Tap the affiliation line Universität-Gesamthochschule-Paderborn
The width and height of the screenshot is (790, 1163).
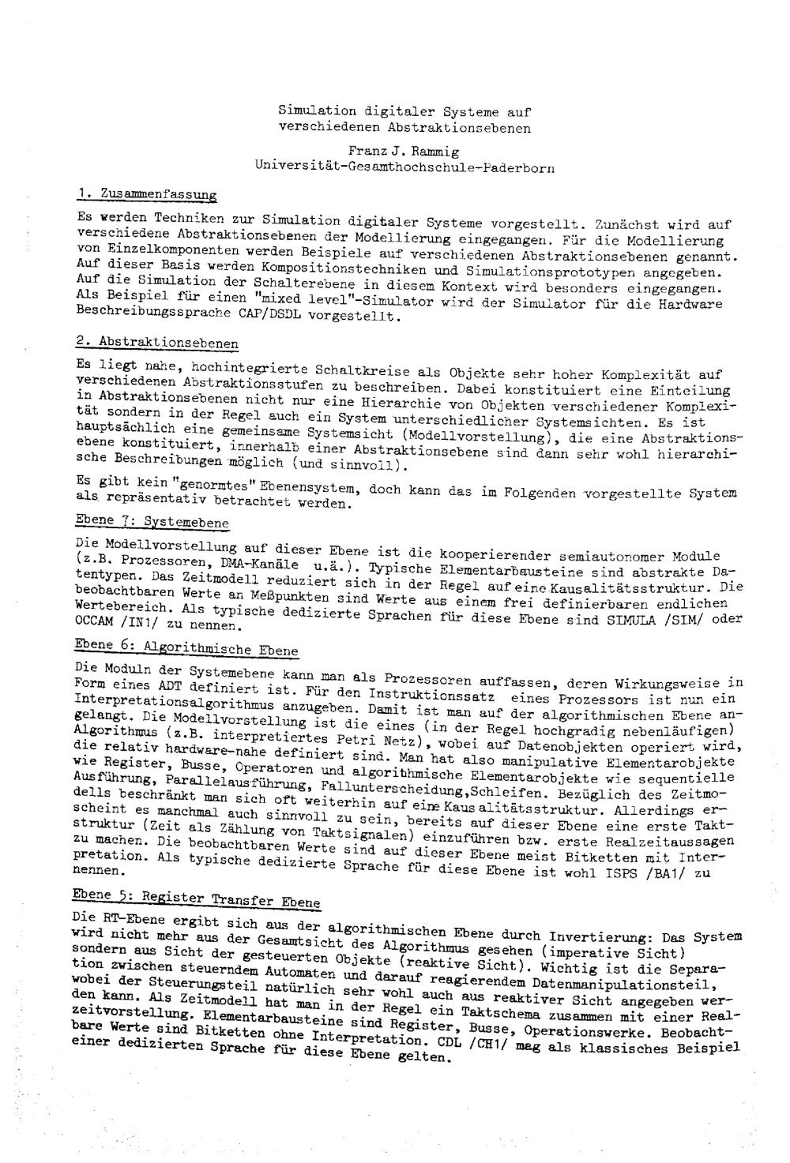[x=404, y=167]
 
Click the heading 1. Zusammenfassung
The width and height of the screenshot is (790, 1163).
[x=148, y=194]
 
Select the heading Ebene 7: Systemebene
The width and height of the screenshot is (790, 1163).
[x=152, y=522]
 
